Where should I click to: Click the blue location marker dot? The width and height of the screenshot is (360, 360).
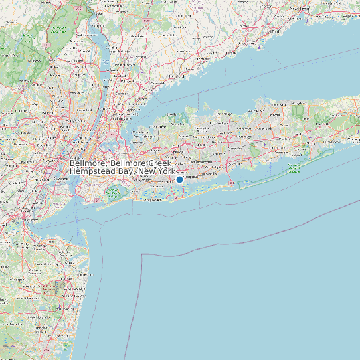tap(179, 179)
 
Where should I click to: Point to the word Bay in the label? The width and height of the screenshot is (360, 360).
tap(126, 171)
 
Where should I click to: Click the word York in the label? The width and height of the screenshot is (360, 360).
tap(166, 171)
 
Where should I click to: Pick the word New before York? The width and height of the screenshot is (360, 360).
tap(146, 171)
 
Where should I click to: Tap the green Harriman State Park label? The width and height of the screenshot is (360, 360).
tap(58, 29)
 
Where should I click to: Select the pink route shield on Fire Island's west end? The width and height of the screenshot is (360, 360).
tap(230, 183)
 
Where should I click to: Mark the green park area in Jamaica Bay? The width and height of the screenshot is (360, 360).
tap(113, 193)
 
